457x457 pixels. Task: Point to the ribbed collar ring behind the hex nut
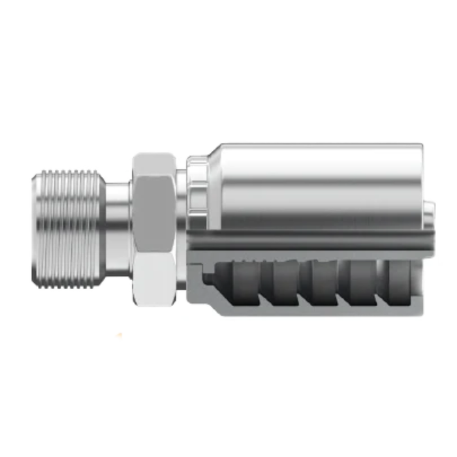(x=195, y=189)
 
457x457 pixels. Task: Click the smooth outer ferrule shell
(x=313, y=183)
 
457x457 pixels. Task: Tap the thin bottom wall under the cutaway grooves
(x=313, y=310)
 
